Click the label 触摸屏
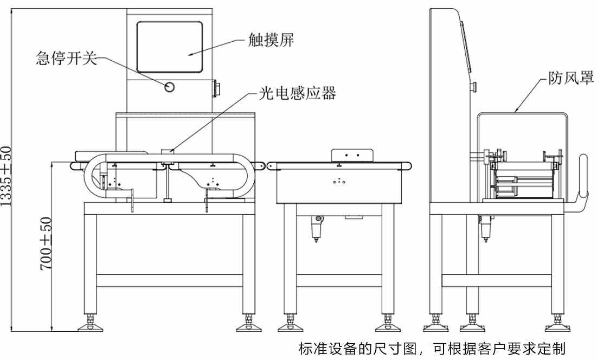(x=271, y=40)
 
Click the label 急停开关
(x=66, y=59)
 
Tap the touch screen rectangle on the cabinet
(x=169, y=47)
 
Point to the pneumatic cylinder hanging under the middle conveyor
(x=318, y=228)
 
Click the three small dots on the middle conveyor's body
(x=340, y=181)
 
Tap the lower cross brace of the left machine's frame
(x=169, y=281)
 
